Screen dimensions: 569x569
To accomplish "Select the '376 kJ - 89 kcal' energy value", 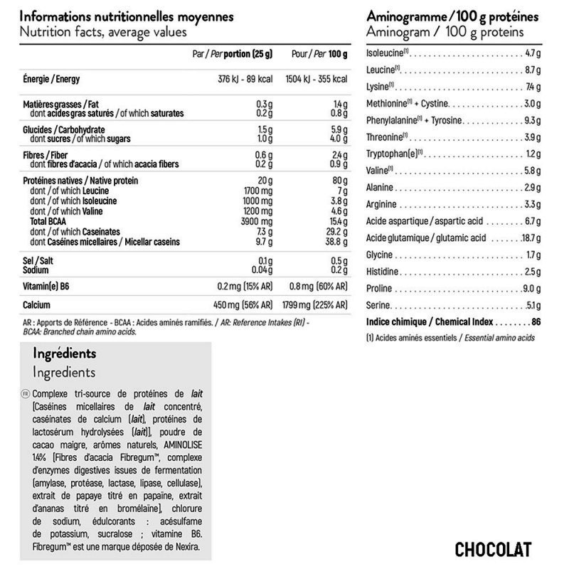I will click(244, 79).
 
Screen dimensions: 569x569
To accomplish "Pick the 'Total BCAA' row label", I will click(48, 222).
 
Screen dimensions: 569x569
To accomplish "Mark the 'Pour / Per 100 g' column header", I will click(320, 54).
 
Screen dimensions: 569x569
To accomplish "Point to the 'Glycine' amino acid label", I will click(379, 255).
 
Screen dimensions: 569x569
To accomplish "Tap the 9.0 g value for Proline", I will click(531, 289).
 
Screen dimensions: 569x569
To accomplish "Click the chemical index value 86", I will click(536, 321).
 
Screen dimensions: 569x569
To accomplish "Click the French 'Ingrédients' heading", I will click(64, 353).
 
